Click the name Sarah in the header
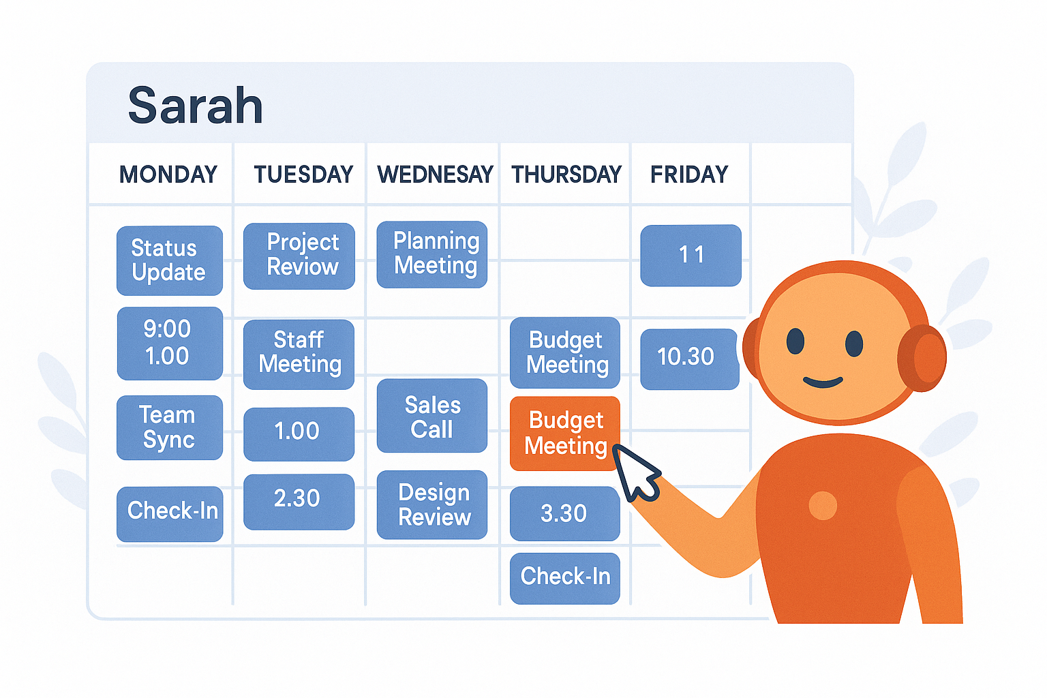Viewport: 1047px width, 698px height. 195,106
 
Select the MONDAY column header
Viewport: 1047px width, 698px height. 168,174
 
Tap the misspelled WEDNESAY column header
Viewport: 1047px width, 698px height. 435,174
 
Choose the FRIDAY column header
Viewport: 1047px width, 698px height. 689,174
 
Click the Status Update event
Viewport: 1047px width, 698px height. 170,260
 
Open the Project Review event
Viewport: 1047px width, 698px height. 299,256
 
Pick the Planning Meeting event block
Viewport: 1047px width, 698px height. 432,254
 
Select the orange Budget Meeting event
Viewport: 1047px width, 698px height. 565,434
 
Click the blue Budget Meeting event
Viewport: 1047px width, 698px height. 565,352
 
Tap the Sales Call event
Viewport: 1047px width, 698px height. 432,416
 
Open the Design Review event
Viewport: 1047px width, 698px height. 432,504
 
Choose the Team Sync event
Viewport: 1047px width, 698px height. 170,427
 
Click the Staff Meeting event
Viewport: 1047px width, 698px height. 299,354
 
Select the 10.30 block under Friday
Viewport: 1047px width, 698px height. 690,359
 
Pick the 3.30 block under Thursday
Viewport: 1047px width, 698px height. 565,513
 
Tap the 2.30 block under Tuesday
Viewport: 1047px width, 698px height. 299,502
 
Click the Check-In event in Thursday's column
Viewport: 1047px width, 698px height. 565,578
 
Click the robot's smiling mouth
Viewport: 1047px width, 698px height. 823,382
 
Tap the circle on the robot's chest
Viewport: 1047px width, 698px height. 823,505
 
